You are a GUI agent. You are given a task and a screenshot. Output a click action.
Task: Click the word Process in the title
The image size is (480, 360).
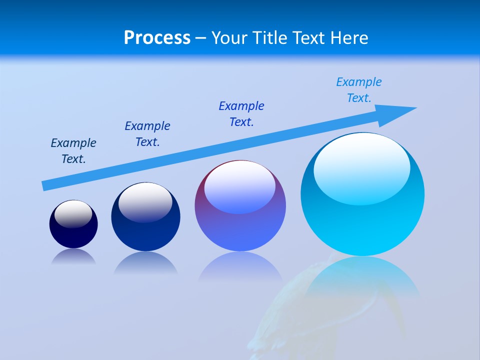point(157,37)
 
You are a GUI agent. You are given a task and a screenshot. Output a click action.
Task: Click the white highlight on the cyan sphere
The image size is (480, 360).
point(362,167)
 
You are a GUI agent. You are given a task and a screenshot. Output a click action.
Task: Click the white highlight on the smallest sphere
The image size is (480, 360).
point(73,213)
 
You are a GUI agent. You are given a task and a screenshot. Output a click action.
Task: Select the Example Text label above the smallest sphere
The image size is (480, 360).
point(73,150)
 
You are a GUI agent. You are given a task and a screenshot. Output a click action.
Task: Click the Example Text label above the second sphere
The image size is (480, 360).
point(147,133)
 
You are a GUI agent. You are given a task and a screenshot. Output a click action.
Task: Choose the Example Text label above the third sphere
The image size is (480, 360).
point(241,113)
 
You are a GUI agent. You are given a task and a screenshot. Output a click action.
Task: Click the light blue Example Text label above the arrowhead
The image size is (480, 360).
point(359,89)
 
